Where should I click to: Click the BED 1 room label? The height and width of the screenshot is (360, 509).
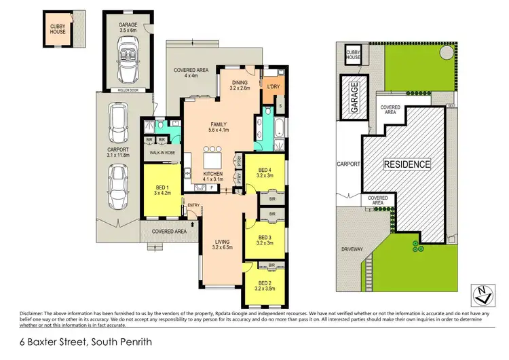click(x=162, y=187)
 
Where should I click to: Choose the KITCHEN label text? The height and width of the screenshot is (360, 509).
click(x=214, y=174)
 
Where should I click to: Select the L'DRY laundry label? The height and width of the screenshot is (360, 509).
click(x=274, y=87)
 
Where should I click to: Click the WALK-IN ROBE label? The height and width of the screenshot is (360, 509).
click(x=158, y=154)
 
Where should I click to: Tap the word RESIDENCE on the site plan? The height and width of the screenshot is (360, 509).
click(x=407, y=164)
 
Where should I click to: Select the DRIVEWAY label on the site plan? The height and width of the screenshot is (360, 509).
click(x=353, y=249)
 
